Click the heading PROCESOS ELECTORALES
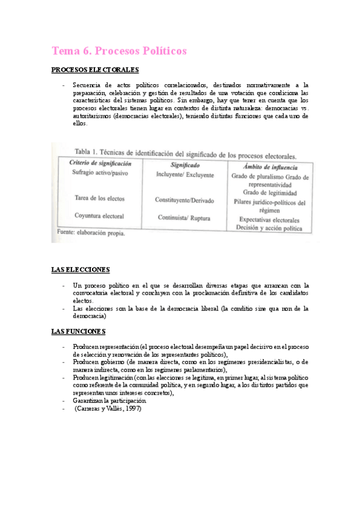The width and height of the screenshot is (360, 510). point(96,70)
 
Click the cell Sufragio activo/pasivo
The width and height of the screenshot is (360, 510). point(101,173)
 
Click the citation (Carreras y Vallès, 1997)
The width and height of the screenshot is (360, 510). point(108,409)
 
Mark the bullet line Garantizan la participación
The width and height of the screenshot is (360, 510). point(109,401)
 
